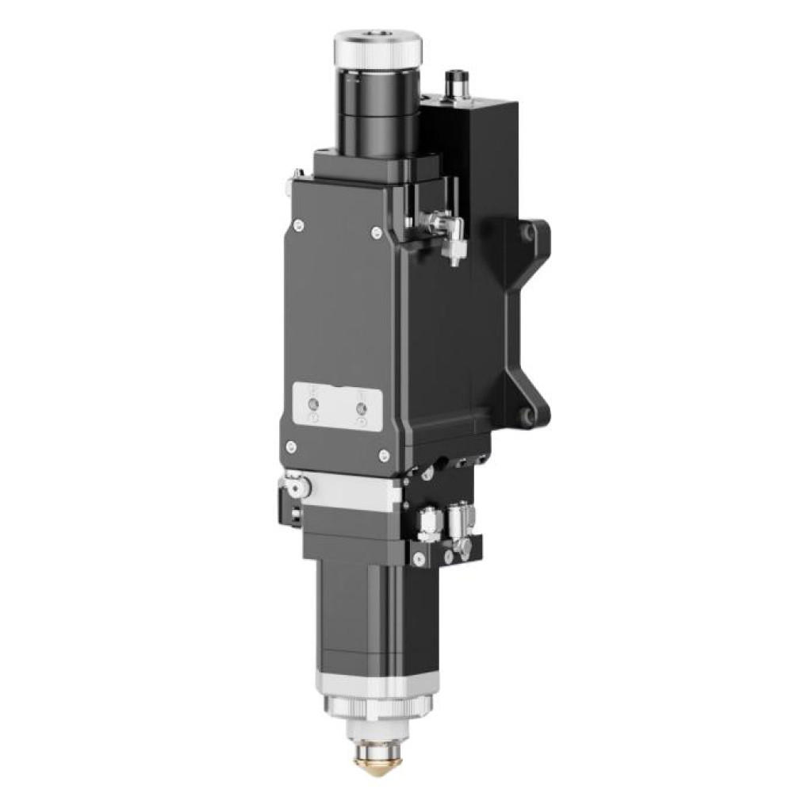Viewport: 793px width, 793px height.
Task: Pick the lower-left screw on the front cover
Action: (291, 446)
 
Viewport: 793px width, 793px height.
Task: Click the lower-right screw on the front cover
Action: (384, 454)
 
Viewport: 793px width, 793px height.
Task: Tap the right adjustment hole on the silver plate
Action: (362, 408)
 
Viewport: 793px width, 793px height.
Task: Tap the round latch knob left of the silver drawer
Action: (295, 481)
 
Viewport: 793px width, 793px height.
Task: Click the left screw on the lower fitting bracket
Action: (415, 560)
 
